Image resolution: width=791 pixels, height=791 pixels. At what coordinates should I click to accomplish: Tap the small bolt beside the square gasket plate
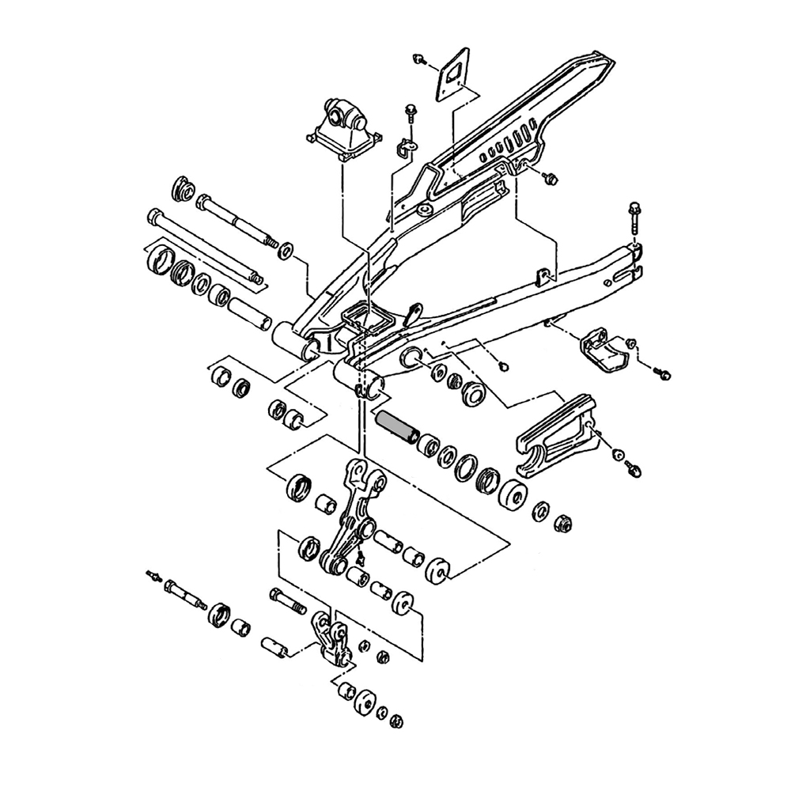coord(420,58)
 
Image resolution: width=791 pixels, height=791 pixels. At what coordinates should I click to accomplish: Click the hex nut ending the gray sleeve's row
coord(563,523)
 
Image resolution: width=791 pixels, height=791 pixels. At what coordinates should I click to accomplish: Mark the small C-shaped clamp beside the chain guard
coord(407,148)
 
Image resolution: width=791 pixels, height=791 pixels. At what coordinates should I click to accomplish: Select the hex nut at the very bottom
coord(398,721)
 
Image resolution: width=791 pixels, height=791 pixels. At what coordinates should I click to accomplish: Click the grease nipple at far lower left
coord(152,573)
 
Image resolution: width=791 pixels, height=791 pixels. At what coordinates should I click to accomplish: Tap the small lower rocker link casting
coord(330,641)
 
